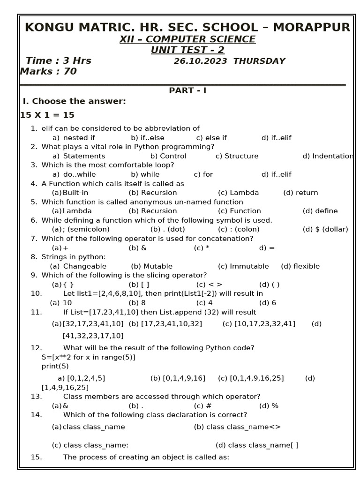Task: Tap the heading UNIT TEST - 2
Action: pos(187,50)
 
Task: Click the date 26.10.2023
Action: pos(200,61)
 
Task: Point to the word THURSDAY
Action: pos(259,61)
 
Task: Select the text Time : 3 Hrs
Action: pos(58,60)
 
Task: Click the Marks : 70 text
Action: pos(48,71)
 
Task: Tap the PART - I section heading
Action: pos(187,90)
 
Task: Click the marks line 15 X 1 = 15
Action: pos(47,115)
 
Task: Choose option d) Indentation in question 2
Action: pos(328,156)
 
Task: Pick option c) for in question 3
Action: pos(203,174)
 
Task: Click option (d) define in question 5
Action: pos(320,211)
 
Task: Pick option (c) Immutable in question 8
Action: pos(243,266)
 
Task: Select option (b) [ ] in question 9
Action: pos(139,285)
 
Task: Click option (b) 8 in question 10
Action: pos(137,303)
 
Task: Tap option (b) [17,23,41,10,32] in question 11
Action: pos(165,323)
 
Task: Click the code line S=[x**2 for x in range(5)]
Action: pos(88,357)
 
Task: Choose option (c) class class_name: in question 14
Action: pos(90,445)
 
